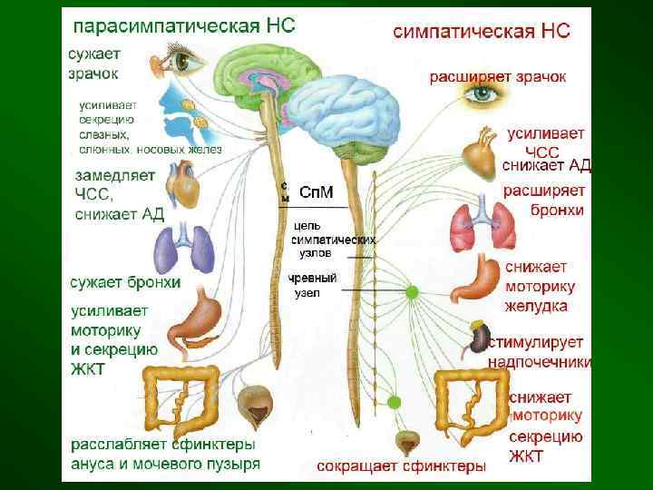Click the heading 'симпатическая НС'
click(482, 31)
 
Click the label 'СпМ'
click(315, 192)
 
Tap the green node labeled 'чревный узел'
click(412, 291)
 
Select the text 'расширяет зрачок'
click(498, 78)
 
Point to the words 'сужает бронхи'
click(125, 283)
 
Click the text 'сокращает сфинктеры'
click(401, 466)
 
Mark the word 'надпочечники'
click(540, 362)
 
